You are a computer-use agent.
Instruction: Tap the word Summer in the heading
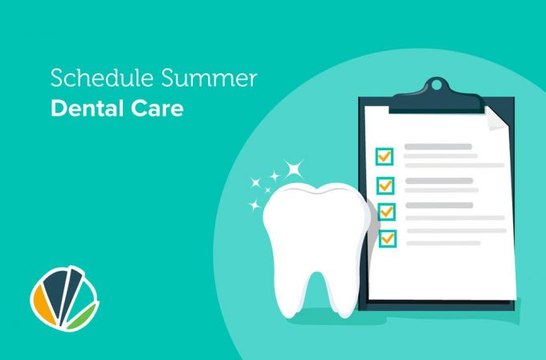pyautogui.click(x=209, y=78)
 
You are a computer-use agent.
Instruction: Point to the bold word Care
pyautogui.click(x=157, y=108)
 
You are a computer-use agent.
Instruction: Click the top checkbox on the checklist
pyautogui.click(x=385, y=157)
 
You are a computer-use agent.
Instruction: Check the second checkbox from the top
pyautogui.click(x=385, y=186)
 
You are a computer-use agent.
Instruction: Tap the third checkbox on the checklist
pyautogui.click(x=386, y=211)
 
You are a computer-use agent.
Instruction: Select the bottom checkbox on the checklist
pyautogui.click(x=388, y=239)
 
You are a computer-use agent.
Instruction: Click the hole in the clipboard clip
pyautogui.click(x=436, y=84)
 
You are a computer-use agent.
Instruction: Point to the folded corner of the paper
pyautogui.click(x=496, y=119)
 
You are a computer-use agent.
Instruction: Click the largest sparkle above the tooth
pyautogui.click(x=294, y=169)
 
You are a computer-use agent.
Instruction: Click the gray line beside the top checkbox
pyautogui.click(x=438, y=147)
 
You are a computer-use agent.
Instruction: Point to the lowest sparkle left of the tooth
pyautogui.click(x=255, y=205)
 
